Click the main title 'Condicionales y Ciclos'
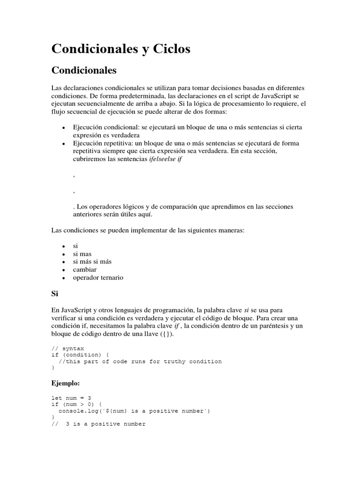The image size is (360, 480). point(120,49)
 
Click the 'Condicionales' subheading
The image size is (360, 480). point(83,71)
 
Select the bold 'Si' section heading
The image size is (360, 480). point(55,294)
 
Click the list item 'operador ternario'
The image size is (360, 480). point(98,277)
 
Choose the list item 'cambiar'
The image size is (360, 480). point(85,270)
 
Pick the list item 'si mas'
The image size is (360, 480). point(82,254)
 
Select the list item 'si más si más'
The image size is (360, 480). point(92,262)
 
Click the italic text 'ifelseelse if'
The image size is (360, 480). point(162,159)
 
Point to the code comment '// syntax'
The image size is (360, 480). point(67,349)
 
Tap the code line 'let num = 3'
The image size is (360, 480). point(71,398)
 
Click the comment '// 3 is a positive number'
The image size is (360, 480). point(98,424)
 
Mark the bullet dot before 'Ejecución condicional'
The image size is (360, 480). point(63,127)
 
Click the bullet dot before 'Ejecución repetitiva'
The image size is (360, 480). point(63,143)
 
